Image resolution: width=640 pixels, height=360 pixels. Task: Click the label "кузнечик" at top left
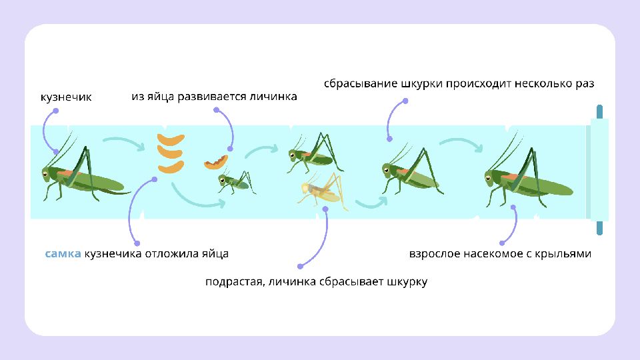coord(66,97)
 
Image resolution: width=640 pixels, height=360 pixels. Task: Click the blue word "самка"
coord(63,254)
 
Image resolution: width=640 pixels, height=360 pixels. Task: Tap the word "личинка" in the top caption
coord(273,97)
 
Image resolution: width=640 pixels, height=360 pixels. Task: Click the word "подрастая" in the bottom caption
coord(233,281)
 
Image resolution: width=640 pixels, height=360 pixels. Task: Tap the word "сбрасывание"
coord(361,84)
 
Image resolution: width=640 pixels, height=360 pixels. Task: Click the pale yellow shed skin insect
coord(321,189)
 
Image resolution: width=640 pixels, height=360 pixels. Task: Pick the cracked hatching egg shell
coord(216,162)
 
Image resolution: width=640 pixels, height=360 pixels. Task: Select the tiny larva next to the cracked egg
coord(233,181)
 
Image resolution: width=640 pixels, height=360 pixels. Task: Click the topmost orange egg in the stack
coord(171,140)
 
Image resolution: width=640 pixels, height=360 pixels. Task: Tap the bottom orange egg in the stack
coord(171,167)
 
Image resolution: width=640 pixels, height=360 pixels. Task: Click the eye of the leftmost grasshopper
coord(45,174)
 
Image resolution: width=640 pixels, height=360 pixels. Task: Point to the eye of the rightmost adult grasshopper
coord(489,176)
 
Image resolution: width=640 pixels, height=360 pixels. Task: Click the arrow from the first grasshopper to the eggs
coord(124,142)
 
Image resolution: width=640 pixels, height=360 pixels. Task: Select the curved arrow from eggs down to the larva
coord(197,196)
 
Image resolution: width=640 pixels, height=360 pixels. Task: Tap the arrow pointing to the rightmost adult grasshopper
coord(460,143)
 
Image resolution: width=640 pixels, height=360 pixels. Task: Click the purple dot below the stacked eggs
coord(155,179)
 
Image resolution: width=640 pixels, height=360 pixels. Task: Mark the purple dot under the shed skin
coord(326,209)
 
